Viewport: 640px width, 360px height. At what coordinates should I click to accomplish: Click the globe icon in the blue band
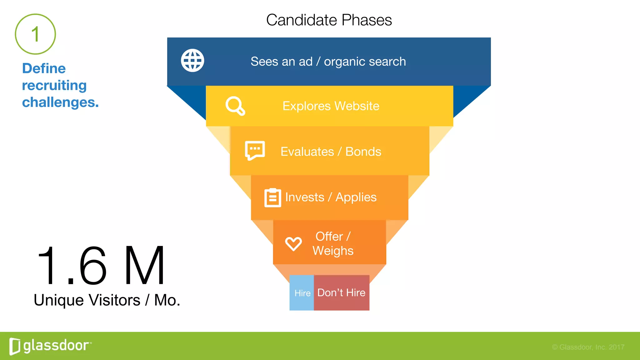point(192,60)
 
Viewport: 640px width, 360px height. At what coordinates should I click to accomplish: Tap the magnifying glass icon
point(235,106)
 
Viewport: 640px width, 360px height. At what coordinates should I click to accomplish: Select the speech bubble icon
point(255,151)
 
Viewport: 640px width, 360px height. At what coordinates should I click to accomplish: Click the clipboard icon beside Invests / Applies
point(272,197)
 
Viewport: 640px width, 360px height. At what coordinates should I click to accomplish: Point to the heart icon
point(293,244)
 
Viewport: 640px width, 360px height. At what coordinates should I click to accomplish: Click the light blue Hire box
point(302,293)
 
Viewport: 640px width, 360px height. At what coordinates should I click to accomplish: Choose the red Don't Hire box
point(341,293)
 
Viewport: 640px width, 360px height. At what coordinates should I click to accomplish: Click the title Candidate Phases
point(329,20)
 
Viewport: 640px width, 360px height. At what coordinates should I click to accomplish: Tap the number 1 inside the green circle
point(35,34)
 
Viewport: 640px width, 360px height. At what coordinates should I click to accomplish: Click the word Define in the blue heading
point(44,68)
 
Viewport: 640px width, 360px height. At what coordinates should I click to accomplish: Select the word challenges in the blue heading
point(60,102)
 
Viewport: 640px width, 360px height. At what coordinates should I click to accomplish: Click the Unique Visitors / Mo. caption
point(107,300)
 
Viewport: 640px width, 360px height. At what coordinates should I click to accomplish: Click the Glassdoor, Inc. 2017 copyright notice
point(588,347)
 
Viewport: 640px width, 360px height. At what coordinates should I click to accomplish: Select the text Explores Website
point(331,106)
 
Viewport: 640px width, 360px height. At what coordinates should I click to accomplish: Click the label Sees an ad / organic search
point(328,62)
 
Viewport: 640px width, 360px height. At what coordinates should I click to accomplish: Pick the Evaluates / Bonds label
point(331,152)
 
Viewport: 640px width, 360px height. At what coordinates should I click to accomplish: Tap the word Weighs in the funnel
point(333,251)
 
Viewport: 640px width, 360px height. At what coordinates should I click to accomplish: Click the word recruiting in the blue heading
point(54,85)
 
